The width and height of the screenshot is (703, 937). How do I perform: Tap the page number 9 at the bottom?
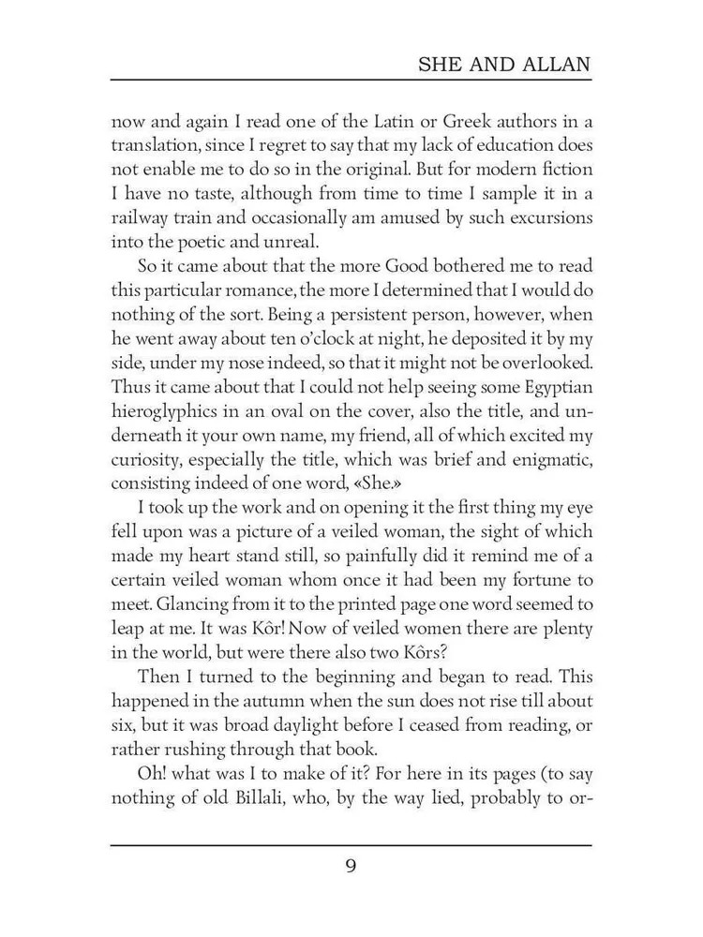tap(351, 865)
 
